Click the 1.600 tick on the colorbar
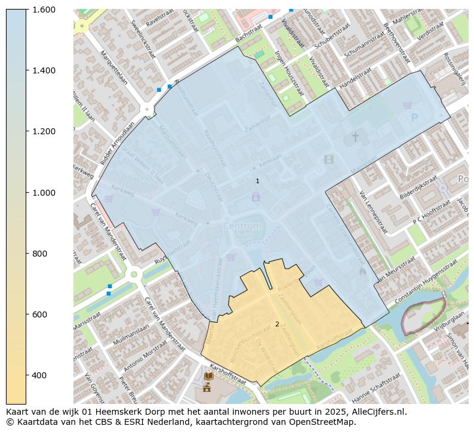(43, 10)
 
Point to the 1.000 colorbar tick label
(43, 192)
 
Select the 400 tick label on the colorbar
(39, 375)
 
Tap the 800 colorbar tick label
(39, 253)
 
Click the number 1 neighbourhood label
(257, 181)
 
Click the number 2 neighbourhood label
(277, 324)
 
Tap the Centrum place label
(243, 226)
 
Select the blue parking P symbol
(415, 118)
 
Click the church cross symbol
(355, 137)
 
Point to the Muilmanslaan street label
(131, 329)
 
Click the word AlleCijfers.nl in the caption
(375, 412)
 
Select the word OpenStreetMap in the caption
(325, 422)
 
